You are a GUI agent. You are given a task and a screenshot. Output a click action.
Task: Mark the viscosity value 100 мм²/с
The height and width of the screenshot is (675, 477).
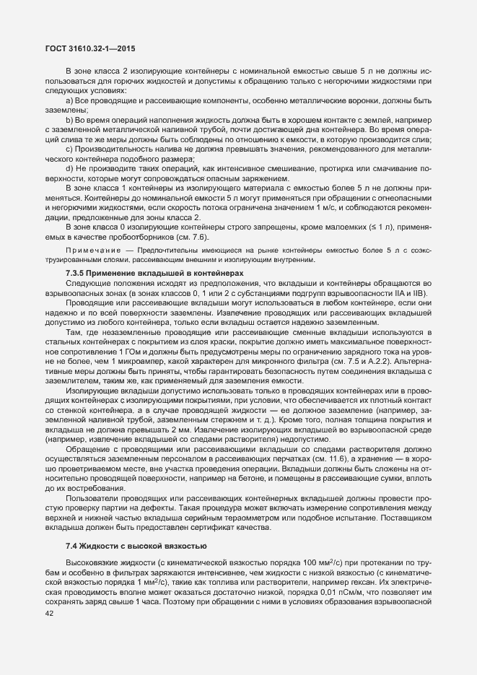323,562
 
